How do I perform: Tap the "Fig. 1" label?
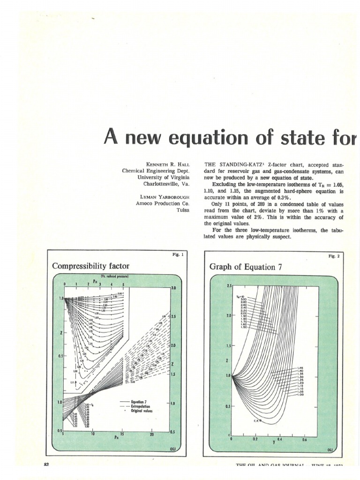click(179, 255)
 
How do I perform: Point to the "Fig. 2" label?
click(333, 256)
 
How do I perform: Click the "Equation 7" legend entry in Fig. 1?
click(140, 401)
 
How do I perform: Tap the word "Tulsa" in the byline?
click(182, 210)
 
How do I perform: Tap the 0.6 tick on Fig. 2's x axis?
click(304, 439)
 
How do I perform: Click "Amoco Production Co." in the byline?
click(158, 203)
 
